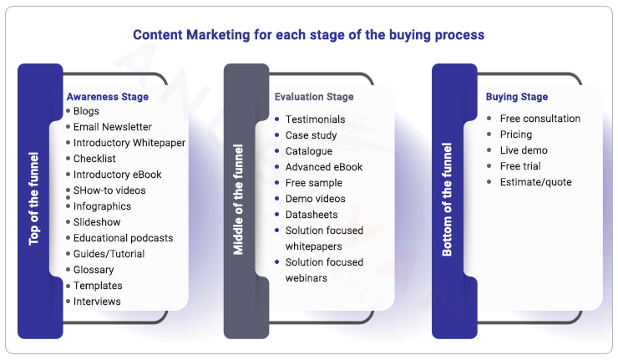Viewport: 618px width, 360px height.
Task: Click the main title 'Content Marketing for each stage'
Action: [x=308, y=35]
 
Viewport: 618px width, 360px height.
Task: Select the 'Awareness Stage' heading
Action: [x=107, y=96]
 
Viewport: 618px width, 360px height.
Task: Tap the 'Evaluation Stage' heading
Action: [x=314, y=97]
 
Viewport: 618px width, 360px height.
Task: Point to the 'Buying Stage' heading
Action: [x=517, y=97]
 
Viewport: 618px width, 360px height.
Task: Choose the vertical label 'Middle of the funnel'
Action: [x=239, y=201]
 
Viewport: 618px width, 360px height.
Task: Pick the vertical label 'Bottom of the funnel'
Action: [x=447, y=201]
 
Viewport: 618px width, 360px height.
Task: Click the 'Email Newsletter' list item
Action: [x=112, y=127]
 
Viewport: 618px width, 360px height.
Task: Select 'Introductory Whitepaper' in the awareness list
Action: [x=129, y=143]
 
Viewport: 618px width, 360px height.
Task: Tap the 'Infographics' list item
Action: [x=102, y=206]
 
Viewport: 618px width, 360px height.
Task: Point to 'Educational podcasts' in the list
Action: [x=123, y=238]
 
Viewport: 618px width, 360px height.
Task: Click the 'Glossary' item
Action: [x=94, y=270]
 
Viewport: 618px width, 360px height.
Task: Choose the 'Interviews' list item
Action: [x=97, y=302]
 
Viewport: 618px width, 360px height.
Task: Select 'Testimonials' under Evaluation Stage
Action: [x=315, y=119]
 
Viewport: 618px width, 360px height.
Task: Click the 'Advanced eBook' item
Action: [x=324, y=167]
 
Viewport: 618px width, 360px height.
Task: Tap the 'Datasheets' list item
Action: [x=312, y=215]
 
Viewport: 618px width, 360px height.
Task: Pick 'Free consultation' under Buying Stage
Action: [x=539, y=119]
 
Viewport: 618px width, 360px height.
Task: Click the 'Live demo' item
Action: [x=524, y=150]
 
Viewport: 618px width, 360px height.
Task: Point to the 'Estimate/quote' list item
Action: [x=535, y=182]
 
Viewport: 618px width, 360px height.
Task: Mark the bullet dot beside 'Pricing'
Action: [x=489, y=134]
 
